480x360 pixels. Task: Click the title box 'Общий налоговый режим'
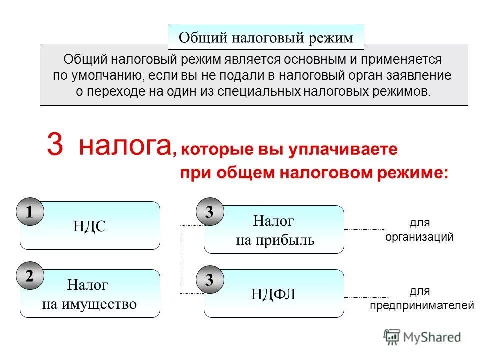click(265, 37)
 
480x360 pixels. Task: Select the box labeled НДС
click(90, 226)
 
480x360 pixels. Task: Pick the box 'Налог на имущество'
click(90, 294)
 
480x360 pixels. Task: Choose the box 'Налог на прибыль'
click(274, 230)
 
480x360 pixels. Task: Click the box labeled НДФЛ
click(274, 294)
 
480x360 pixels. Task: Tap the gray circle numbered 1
click(30, 212)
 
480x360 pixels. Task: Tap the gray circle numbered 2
click(30, 276)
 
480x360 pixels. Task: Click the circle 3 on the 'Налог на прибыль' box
click(210, 212)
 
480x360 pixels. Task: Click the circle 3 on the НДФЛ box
click(210, 280)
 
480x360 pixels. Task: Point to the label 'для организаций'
click(419, 230)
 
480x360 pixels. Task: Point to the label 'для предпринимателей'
click(422, 298)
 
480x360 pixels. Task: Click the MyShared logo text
click(433, 337)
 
